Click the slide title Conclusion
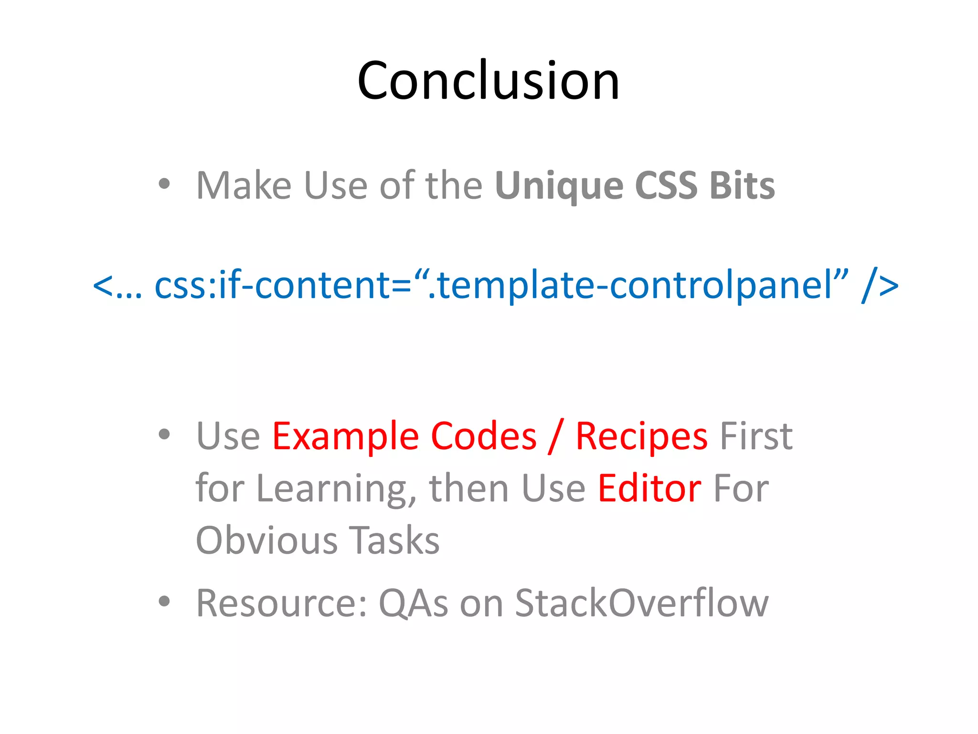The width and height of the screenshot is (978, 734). (x=488, y=80)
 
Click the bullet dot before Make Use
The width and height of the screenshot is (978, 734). (x=164, y=184)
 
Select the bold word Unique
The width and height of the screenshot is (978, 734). (x=559, y=186)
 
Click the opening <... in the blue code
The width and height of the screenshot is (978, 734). (x=117, y=286)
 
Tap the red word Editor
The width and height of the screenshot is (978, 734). (x=649, y=488)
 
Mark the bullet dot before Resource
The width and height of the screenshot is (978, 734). (x=164, y=601)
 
